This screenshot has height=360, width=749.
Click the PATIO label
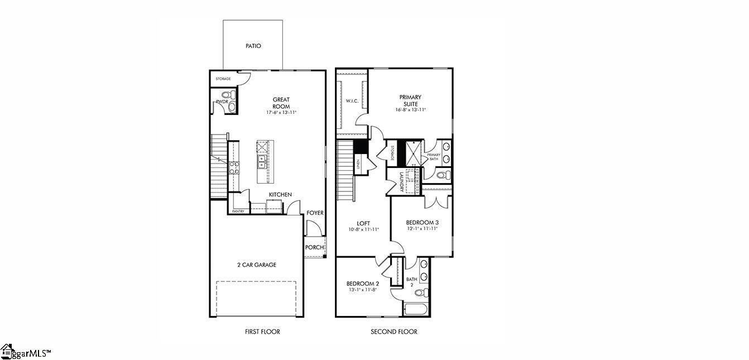pyautogui.click(x=253, y=46)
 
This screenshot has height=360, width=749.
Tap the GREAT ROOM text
pyautogui.click(x=281, y=103)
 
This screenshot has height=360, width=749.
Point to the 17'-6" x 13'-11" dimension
pyautogui.click(x=281, y=113)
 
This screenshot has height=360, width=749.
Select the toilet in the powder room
pyautogui.click(x=225, y=95)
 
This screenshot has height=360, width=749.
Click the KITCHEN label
pyautogui.click(x=280, y=194)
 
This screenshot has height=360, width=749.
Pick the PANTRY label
pyautogui.click(x=238, y=212)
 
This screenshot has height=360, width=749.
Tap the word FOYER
pyautogui.click(x=315, y=213)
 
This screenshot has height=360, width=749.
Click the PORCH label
pyautogui.click(x=314, y=248)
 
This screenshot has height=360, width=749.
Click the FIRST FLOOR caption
pyautogui.click(x=262, y=332)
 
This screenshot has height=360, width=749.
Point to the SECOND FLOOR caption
pyautogui.click(x=394, y=332)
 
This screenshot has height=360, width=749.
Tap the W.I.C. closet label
pyautogui.click(x=352, y=101)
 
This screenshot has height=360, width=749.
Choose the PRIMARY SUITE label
pyautogui.click(x=410, y=100)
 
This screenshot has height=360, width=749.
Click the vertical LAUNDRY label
pyautogui.click(x=401, y=182)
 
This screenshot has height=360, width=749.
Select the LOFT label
pyautogui.click(x=363, y=223)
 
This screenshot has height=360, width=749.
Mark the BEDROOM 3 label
pyautogui.click(x=421, y=222)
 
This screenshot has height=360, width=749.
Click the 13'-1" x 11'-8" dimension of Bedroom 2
pyautogui.click(x=363, y=290)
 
